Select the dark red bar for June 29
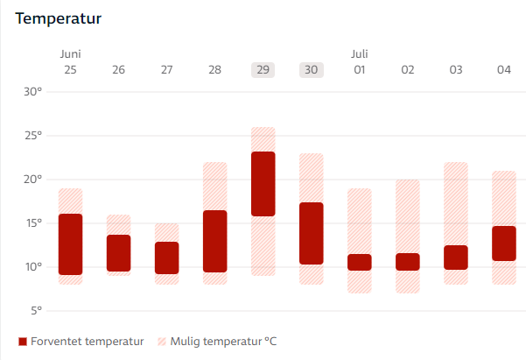click(x=263, y=184)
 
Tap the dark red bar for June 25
click(x=70, y=244)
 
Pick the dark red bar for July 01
click(x=359, y=262)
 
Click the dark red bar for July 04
click(x=503, y=244)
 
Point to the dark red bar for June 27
click(x=166, y=258)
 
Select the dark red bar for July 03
click(x=455, y=257)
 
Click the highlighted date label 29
click(x=263, y=70)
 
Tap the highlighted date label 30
click(x=311, y=70)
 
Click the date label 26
click(x=118, y=70)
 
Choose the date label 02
click(x=407, y=70)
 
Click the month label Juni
click(x=70, y=54)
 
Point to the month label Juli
click(x=360, y=54)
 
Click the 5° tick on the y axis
click(x=35, y=311)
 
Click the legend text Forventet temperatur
click(x=87, y=341)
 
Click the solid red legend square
click(x=22, y=341)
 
